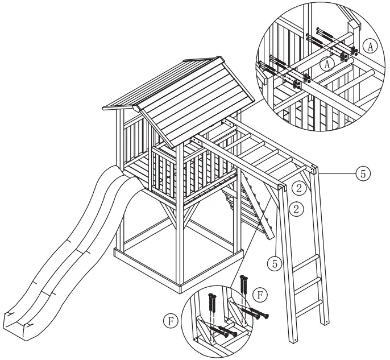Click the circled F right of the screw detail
(x=260, y=296)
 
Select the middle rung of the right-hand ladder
(x=308, y=280)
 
